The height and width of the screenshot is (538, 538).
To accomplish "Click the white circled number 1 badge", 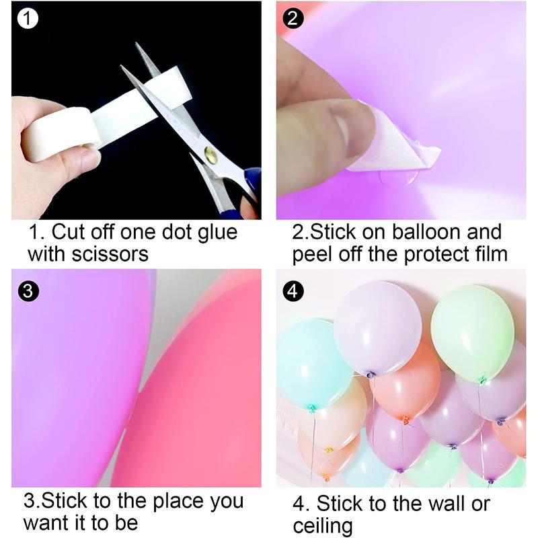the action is point(28,18).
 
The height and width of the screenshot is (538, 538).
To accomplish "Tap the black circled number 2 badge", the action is point(293,18).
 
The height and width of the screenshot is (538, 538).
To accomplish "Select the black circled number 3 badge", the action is point(28,291).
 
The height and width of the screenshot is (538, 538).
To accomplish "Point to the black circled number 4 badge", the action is point(293,291).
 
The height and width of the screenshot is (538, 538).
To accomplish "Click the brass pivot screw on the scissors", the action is point(211,154).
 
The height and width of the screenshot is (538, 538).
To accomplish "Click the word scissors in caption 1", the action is point(110,254).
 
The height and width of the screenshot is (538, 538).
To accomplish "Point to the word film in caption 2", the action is point(488,254).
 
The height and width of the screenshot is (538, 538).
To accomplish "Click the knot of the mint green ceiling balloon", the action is point(483,379).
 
